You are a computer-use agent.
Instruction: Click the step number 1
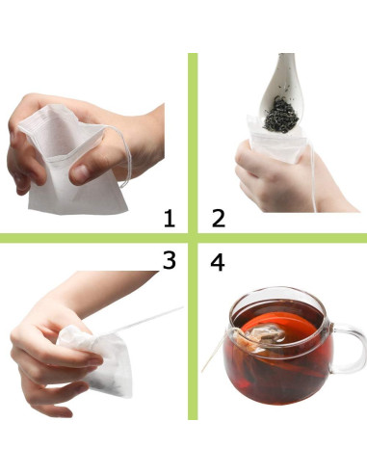tap(170, 218)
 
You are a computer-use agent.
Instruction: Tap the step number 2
tap(218, 218)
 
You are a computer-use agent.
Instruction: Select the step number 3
tap(170, 261)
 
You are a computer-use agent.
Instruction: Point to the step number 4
tap(219, 261)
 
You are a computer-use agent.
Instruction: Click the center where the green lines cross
tap(193, 238)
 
